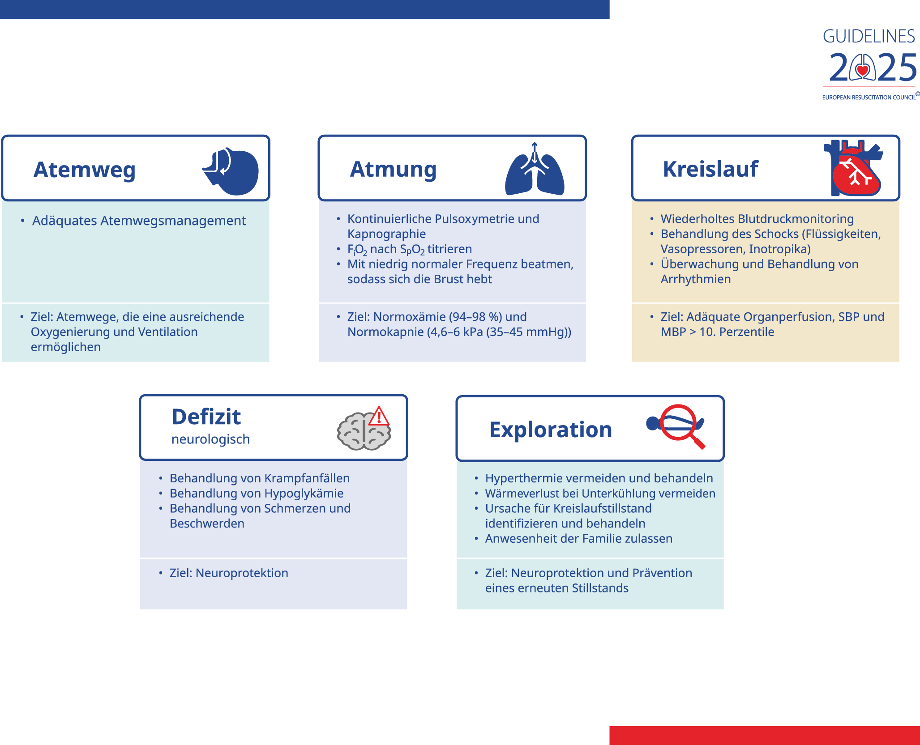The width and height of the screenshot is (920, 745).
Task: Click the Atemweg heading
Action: pos(84,170)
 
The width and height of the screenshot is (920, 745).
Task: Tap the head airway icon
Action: pos(231,171)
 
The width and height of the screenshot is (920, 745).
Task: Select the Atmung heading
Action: pos(393,170)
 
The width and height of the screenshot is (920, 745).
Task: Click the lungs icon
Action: pos(535,169)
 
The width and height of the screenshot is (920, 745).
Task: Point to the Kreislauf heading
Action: pos(710,169)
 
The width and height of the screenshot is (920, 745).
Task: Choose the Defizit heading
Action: pos(206,417)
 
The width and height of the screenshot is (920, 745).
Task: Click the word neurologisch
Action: pos(210,439)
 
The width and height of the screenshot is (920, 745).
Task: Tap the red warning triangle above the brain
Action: pos(379,416)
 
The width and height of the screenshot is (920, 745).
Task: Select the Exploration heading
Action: pos(551,430)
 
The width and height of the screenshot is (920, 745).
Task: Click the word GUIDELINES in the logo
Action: pos(869,36)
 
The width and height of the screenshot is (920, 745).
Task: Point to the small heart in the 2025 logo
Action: pos(863,70)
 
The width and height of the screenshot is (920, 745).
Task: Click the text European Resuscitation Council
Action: pos(869,97)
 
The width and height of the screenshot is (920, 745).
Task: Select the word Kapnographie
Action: pos(386,234)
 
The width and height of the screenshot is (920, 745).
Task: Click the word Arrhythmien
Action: pos(696,279)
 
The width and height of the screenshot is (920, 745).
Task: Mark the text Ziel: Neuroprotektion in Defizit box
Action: pos(229,573)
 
